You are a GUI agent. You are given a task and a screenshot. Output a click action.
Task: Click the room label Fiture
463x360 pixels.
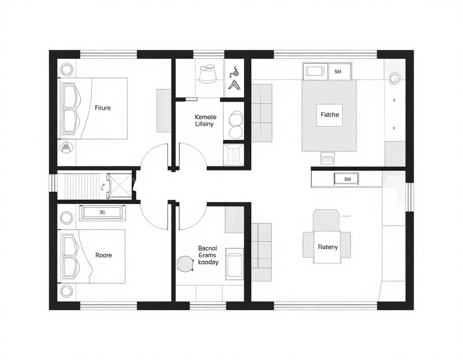102,108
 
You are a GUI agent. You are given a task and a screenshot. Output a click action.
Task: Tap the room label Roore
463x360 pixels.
103,255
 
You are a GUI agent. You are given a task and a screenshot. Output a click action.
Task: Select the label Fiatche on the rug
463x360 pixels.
330,115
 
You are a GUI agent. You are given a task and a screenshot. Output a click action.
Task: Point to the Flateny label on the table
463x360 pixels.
328,247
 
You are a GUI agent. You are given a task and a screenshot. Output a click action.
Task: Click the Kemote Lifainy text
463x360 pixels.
205,121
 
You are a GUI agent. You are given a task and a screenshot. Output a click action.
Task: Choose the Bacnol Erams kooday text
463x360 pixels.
208,255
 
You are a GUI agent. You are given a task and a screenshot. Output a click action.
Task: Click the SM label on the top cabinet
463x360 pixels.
337,71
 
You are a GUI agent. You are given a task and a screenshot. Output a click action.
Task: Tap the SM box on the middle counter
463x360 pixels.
346,179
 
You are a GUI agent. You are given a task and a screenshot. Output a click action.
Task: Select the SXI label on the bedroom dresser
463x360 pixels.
102,213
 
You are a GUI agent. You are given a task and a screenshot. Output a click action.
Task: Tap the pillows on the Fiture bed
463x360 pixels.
69,108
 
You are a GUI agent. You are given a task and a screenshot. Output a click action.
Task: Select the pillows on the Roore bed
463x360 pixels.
69,257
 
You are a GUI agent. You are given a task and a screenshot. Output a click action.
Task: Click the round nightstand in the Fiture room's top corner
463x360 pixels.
66,70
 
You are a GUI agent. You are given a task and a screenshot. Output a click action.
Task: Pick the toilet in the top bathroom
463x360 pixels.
208,73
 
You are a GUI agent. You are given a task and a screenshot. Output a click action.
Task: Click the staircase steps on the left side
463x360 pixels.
80,186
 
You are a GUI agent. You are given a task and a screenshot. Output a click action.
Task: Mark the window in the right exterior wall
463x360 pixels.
409,197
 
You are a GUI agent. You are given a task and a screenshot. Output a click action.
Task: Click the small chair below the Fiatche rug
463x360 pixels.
327,157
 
